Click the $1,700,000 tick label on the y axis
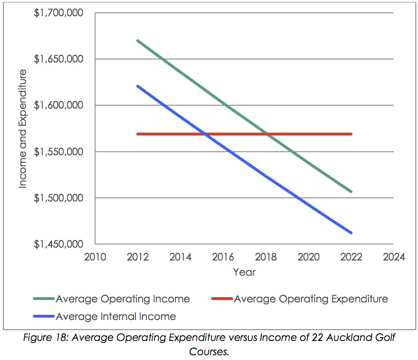59,13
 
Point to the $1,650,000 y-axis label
59,59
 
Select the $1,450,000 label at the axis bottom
59,244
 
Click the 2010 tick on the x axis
94,257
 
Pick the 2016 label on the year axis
223,257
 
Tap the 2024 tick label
394,257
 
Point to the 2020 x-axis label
308,257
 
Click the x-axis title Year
244,272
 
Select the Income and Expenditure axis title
23,129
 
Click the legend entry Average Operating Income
122,299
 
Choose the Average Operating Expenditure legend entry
311,299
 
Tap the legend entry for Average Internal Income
116,316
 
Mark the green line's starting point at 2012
138,40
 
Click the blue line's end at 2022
351,233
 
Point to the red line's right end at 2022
351,134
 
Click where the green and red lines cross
268,134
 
